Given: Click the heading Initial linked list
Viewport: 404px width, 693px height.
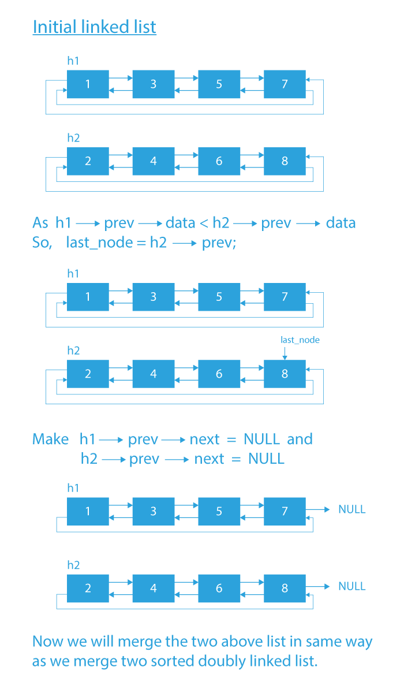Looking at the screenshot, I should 94,27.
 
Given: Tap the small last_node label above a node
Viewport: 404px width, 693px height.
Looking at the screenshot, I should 300,340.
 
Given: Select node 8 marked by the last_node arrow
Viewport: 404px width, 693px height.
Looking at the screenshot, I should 285,374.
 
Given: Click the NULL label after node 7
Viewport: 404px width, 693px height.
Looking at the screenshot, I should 352,509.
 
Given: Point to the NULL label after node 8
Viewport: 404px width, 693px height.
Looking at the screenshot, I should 352,586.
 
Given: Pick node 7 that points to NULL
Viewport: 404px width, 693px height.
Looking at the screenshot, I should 285,511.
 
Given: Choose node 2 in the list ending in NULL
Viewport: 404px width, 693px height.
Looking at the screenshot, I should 88,588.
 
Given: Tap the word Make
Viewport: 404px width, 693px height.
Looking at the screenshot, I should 51,439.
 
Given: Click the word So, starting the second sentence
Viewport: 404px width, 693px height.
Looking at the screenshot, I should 42,243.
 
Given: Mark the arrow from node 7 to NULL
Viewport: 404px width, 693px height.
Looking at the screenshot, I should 318,509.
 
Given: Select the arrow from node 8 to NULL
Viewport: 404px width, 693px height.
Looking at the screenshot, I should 318,586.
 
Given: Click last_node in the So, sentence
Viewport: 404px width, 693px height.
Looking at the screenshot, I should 98,243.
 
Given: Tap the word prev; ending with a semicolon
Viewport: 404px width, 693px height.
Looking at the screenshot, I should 219,243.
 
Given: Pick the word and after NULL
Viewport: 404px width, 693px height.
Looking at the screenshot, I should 300,439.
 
